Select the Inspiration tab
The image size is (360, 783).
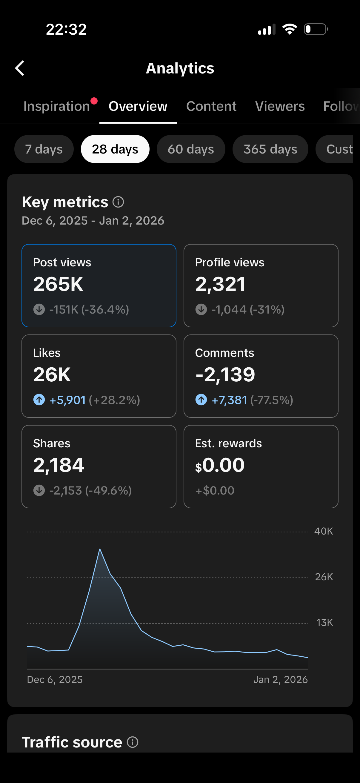pyautogui.click(x=57, y=106)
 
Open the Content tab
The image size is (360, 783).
pyautogui.click(x=211, y=106)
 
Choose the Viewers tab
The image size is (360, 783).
pyautogui.click(x=280, y=106)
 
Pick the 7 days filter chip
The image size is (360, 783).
pyautogui.click(x=44, y=149)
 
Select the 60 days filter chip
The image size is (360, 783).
pyautogui.click(x=191, y=149)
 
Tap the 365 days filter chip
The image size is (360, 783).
pyautogui.click(x=270, y=149)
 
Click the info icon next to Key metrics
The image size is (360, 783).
pyautogui.click(x=118, y=202)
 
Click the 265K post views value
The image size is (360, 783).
pyautogui.click(x=58, y=284)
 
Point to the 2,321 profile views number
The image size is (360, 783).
pyautogui.click(x=220, y=284)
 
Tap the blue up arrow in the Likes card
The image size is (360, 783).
pyautogui.click(x=39, y=400)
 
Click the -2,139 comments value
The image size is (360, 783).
pyautogui.click(x=225, y=374)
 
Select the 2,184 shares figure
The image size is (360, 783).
pyautogui.click(x=59, y=465)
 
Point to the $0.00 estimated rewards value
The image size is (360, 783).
pyautogui.click(x=220, y=465)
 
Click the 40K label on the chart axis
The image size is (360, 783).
pyautogui.click(x=324, y=531)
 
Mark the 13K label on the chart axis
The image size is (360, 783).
pyautogui.click(x=324, y=623)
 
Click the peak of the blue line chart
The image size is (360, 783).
pyautogui.click(x=100, y=549)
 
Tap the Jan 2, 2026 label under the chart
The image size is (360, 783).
pyautogui.click(x=280, y=680)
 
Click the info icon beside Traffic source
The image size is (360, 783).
pyautogui.click(x=133, y=742)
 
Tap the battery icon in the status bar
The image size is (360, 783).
pyautogui.click(x=316, y=30)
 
